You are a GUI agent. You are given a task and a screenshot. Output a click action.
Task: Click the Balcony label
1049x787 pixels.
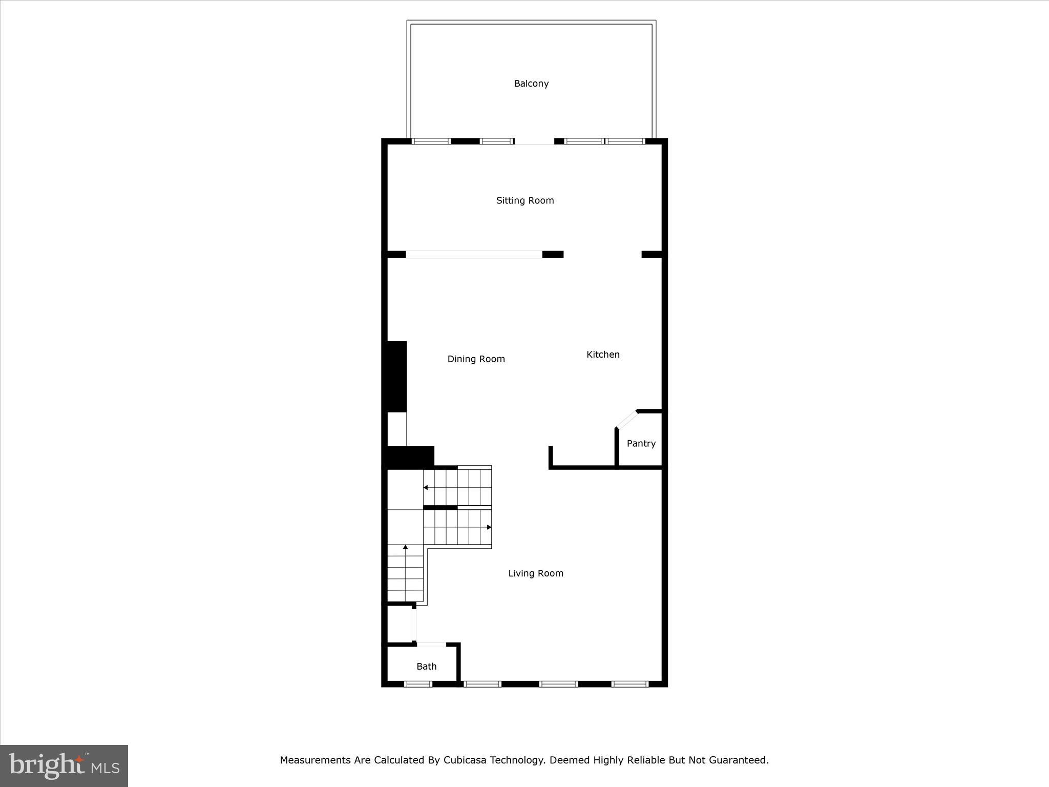pos(531,84)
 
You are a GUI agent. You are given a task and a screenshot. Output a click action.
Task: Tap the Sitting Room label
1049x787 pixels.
pos(525,200)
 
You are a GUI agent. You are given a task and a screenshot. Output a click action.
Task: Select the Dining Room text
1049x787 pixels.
pos(476,359)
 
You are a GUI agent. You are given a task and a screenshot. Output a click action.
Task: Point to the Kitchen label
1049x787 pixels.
pos(603,355)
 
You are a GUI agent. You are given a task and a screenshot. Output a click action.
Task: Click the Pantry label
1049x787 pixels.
pos(641,444)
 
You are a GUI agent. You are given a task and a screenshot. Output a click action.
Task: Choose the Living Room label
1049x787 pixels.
pos(536,573)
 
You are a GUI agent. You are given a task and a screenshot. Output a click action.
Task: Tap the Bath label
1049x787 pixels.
pos(426,667)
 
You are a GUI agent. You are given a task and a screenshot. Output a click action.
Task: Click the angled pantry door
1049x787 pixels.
pos(627,420)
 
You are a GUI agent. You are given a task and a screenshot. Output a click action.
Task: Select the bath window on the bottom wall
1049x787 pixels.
pos(418,684)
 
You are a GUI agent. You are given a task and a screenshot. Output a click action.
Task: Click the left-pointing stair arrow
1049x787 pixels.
pos(426,487)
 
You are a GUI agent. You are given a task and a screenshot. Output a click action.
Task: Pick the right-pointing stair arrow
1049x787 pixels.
pos(489,527)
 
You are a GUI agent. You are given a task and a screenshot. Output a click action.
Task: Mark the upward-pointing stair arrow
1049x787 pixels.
pos(405,547)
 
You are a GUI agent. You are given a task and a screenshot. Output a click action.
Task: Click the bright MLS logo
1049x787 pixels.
pos(64,766)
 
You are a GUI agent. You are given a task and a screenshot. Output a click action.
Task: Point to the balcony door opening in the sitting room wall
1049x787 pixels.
pos(534,142)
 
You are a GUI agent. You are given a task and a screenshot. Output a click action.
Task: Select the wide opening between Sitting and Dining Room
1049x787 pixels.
pos(474,254)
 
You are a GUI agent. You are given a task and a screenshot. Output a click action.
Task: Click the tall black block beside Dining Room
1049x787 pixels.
pos(397,377)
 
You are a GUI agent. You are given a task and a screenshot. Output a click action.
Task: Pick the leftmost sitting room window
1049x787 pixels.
pos(431,141)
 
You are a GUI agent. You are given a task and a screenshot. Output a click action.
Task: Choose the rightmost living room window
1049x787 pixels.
pos(630,684)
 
